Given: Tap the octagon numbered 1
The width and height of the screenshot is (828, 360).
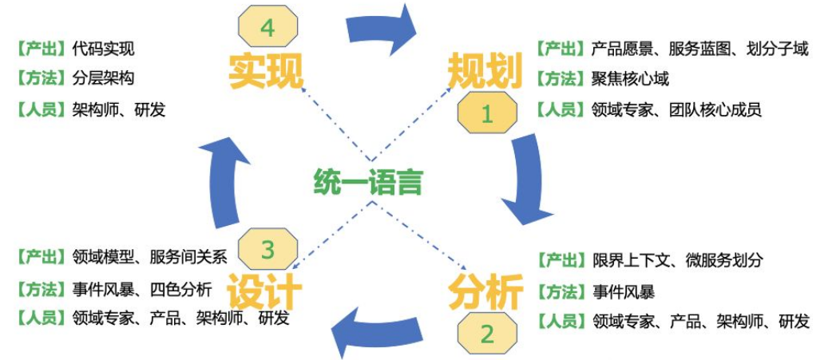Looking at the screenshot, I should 486,114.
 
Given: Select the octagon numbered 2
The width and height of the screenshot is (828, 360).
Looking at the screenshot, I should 486,332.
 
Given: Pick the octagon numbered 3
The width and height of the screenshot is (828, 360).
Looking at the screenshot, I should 267,250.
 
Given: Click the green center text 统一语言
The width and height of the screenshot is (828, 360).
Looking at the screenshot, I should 367,182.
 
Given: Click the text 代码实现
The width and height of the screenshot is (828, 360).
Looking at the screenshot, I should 103,49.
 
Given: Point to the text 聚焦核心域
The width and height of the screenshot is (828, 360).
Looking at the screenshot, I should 630,78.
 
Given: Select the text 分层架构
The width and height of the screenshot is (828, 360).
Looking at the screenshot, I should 103,79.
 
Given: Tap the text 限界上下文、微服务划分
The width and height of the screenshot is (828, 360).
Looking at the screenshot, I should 677,260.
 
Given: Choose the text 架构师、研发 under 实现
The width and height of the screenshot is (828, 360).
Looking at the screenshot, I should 118,109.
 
